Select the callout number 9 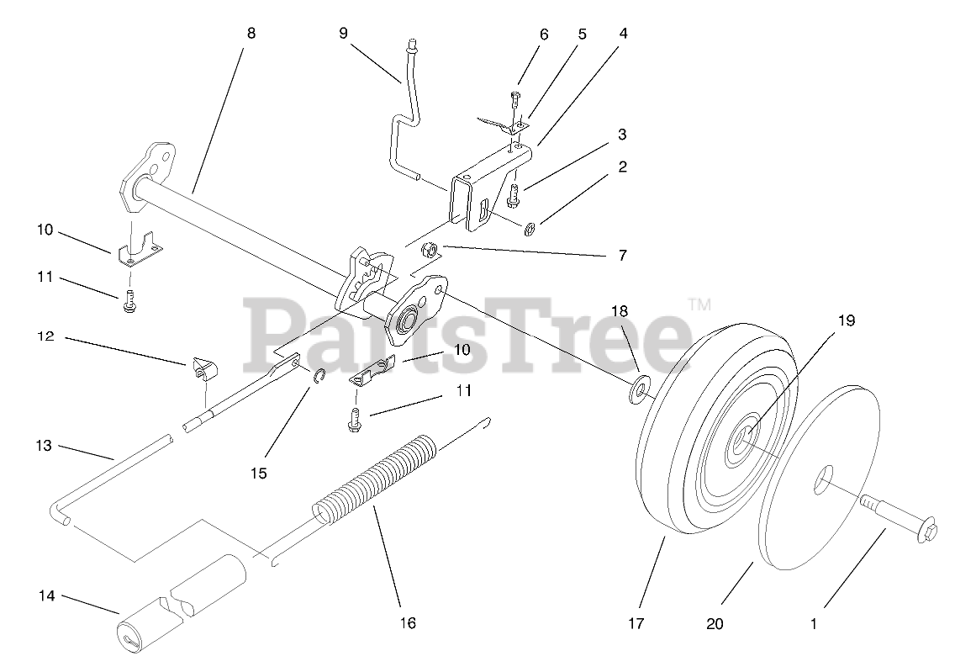tap(343, 34)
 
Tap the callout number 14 tap(46, 595)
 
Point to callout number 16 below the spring tap(408, 623)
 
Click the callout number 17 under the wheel tap(635, 623)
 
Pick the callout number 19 tap(845, 320)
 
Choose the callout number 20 tap(715, 623)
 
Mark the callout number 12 tap(46, 336)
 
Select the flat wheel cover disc tap(820, 488)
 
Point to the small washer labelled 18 tap(639, 389)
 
